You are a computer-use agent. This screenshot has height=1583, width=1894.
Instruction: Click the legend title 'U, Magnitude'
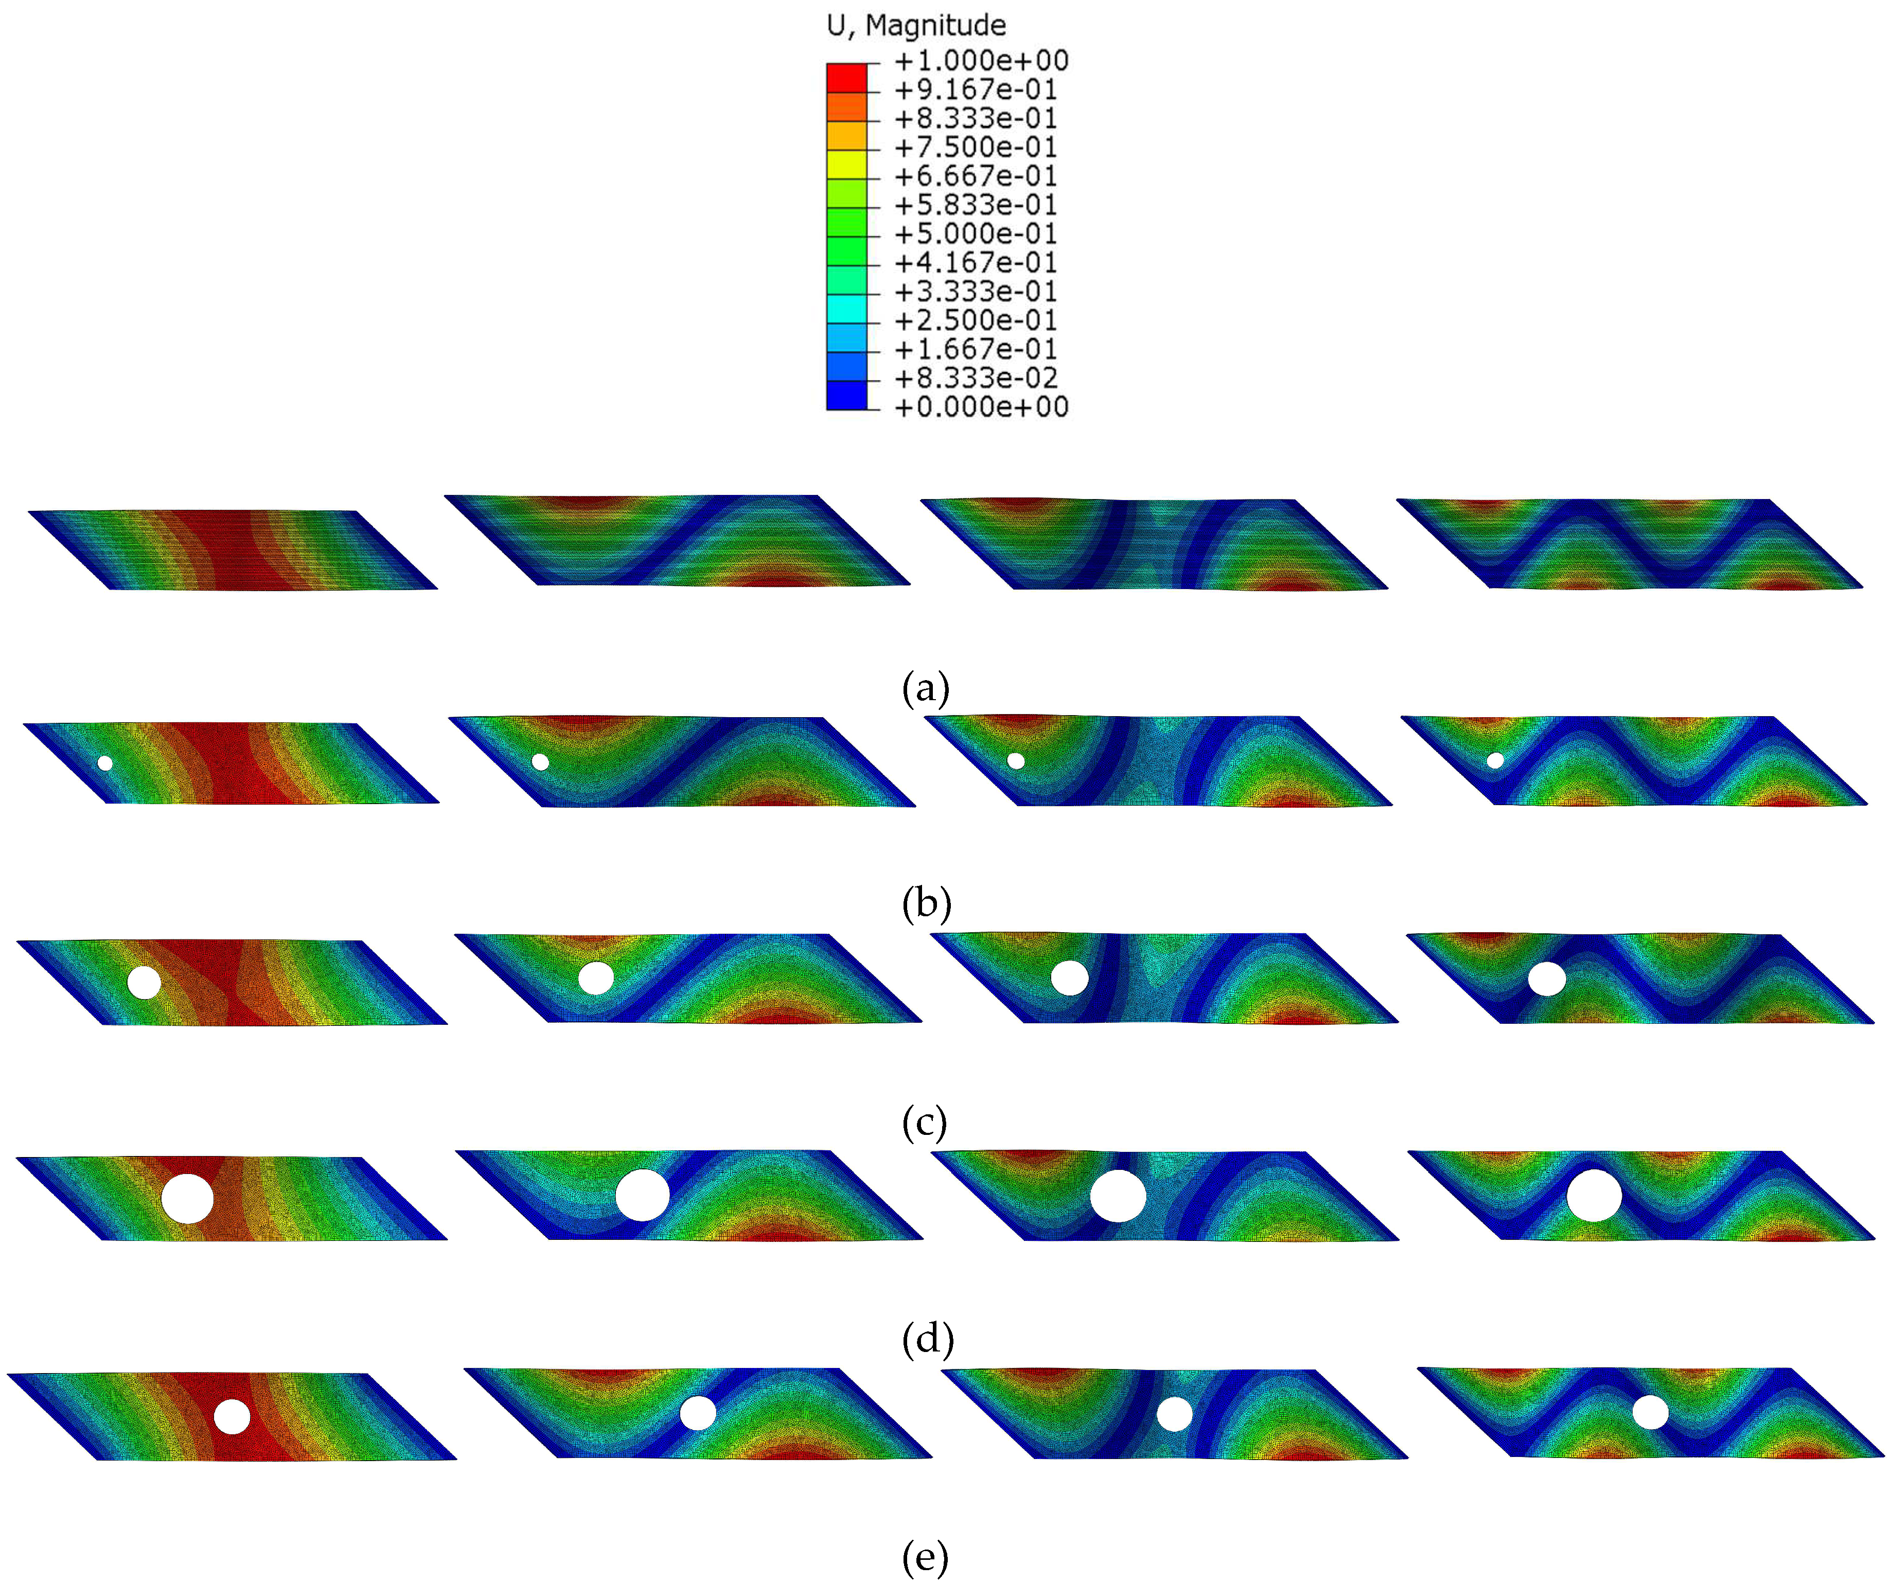pos(915,25)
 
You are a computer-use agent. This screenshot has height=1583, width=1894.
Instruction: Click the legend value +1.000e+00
pos(980,60)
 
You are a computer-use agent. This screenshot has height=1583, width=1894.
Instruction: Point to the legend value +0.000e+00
pos(980,407)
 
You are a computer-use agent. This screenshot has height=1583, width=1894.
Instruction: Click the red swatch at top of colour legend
pos(846,78)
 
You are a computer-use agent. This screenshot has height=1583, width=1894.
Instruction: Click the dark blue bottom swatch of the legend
pos(846,395)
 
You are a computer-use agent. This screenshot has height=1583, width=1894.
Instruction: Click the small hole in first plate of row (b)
pos(104,763)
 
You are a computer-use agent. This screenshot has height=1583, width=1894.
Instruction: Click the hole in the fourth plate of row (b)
pos(1494,760)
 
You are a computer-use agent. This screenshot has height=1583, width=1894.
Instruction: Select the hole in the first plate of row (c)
pos(144,982)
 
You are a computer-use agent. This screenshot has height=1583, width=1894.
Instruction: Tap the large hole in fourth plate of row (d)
pos(1594,1195)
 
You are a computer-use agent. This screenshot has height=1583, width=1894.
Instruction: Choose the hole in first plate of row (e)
pos(232,1416)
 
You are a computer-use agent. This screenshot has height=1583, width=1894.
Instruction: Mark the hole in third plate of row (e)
pos(1174,1413)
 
